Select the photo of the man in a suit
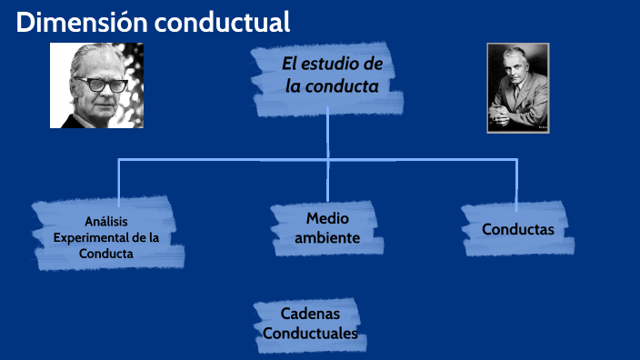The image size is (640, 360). pyautogui.click(x=517, y=88)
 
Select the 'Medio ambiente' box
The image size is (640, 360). pyautogui.click(x=327, y=227)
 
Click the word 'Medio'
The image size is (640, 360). pyautogui.click(x=327, y=218)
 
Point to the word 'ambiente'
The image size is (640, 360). pyautogui.click(x=327, y=238)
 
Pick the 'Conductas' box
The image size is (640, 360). pyautogui.click(x=517, y=229)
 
